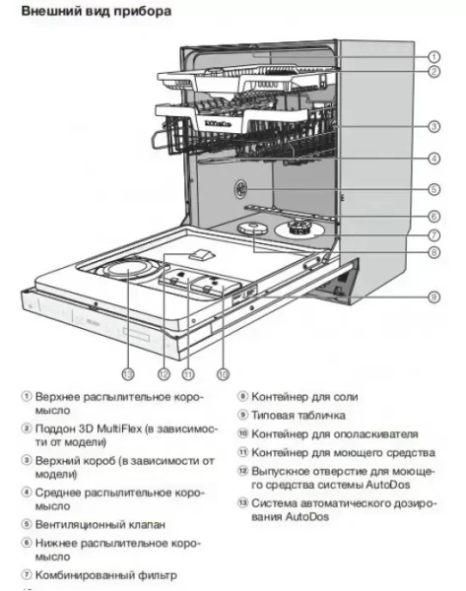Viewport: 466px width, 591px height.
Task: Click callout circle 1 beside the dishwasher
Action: click(433, 57)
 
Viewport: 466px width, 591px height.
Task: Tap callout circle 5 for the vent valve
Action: click(433, 189)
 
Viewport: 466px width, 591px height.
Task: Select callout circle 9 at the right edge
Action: click(433, 296)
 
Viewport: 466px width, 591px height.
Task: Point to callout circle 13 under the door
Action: click(127, 373)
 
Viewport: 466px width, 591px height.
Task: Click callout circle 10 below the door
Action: click(223, 373)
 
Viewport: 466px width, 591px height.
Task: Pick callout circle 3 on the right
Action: click(433, 125)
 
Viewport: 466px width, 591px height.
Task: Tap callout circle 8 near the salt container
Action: click(433, 251)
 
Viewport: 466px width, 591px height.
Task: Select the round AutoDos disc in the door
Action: click(126, 269)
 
